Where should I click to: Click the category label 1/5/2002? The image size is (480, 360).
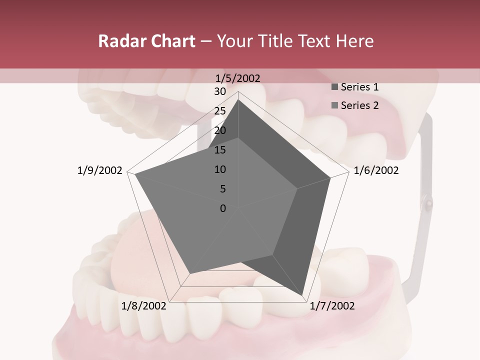click(238, 78)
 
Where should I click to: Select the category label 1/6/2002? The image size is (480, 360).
click(376, 170)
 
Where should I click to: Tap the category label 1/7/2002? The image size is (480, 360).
click(332, 306)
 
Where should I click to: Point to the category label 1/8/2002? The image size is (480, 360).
click(144, 306)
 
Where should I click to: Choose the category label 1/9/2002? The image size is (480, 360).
click(99, 170)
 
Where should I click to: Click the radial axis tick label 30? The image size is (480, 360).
click(220, 91)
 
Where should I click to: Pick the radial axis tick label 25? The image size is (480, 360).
click(220, 111)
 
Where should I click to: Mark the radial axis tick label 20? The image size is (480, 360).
click(220, 130)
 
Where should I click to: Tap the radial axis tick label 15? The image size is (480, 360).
click(220, 150)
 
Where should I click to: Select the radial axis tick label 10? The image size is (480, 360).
click(220, 169)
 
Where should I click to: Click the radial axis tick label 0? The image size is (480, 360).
click(223, 208)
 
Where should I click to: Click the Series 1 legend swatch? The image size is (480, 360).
click(334, 87)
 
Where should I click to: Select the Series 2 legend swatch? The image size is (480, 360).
click(334, 105)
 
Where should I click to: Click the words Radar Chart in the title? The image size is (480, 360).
click(146, 41)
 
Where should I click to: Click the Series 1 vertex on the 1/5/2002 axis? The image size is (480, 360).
click(238, 99)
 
